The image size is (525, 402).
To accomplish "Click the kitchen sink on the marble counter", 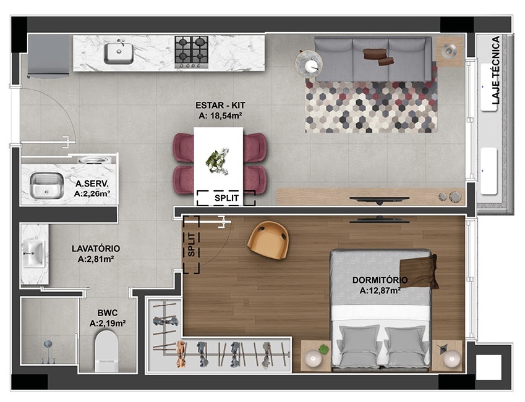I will [x=118, y=52].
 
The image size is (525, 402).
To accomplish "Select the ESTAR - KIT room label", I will [x=219, y=105].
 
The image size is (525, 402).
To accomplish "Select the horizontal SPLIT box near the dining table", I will [x=226, y=198].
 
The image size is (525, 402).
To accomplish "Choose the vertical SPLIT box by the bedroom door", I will [x=191, y=245].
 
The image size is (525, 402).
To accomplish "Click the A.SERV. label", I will [x=93, y=184].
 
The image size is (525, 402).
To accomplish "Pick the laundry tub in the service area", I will [x=46, y=185].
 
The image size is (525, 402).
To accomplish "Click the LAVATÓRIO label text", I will [x=96, y=248].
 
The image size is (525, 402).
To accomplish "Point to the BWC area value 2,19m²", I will [x=108, y=323].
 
